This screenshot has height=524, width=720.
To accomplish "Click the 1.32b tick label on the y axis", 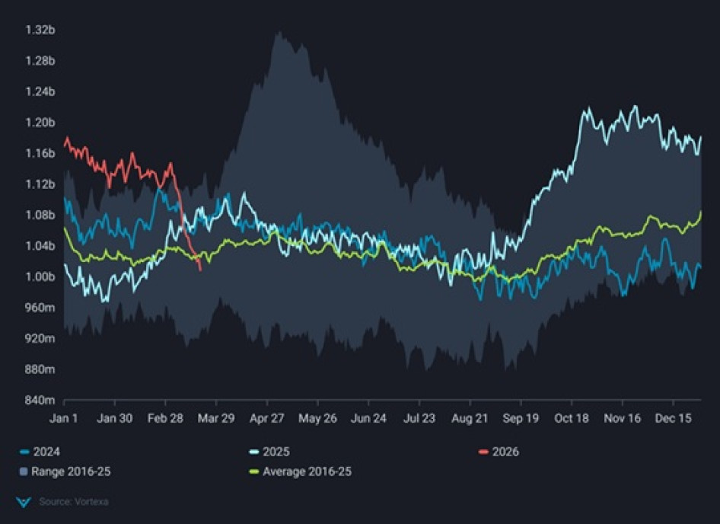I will coord(40,30).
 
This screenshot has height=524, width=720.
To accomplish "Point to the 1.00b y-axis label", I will coord(40,276).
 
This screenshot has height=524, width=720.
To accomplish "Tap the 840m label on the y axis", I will coord(40,400).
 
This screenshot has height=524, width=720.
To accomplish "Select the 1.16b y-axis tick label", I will coord(40,153).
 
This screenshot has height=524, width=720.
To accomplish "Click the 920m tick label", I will coord(40,338).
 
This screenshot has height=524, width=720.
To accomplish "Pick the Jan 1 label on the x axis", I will coord(64,418).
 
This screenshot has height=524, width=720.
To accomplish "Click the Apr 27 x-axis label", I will coord(267,418).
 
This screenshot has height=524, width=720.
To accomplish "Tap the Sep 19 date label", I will coord(521,418).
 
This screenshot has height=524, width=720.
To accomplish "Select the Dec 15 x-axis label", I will coord(674,418).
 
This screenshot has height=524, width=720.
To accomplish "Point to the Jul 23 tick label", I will coord(419,418).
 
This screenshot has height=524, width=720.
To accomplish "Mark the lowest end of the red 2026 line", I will coord(200,269).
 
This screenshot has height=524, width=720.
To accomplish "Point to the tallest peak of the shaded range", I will coord(279,33).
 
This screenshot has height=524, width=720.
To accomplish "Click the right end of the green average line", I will coord(700,212).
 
